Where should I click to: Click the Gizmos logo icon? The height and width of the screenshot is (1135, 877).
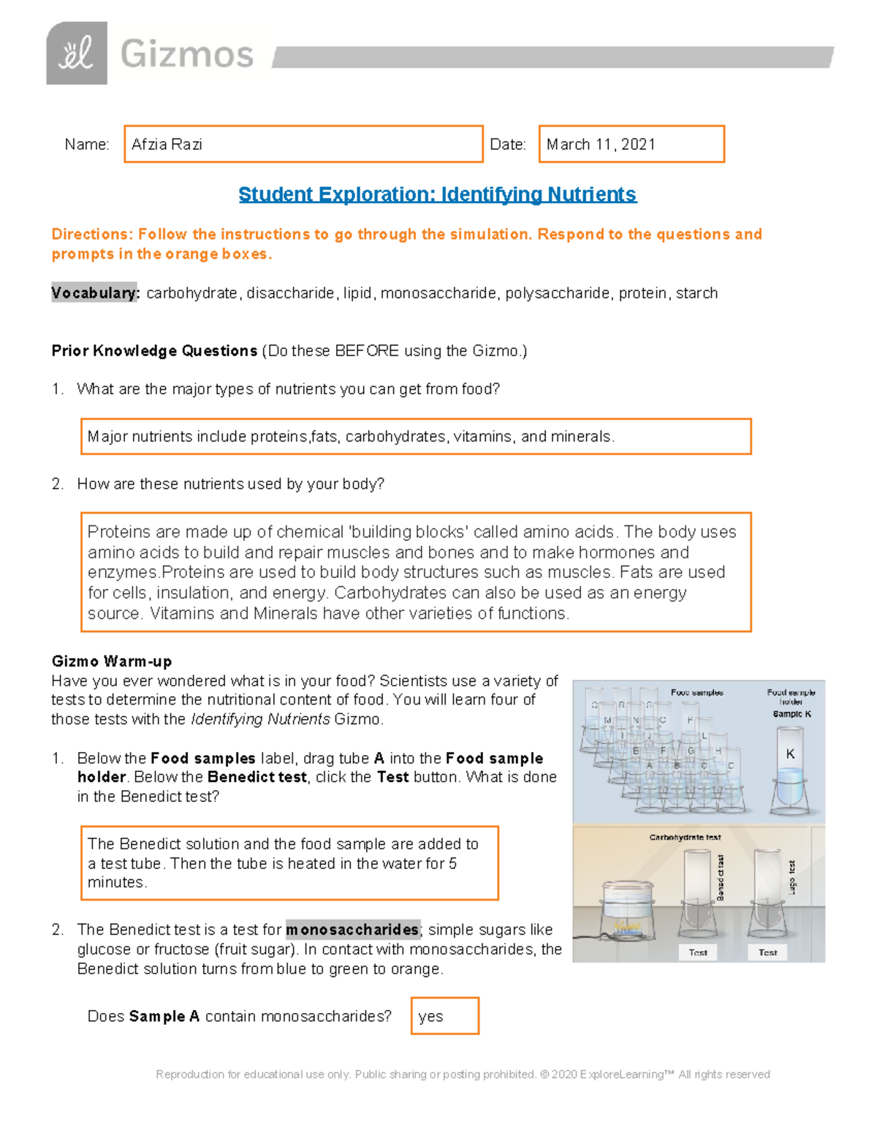77,53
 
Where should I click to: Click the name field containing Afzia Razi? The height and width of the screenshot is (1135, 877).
303,144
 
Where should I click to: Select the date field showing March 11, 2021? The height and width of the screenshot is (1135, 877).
631,144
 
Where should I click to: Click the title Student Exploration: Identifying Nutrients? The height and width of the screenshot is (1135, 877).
437,194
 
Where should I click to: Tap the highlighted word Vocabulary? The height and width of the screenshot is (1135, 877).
94,293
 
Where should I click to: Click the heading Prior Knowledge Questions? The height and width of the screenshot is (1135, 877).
154,351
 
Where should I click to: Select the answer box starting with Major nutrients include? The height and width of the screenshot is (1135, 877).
415,436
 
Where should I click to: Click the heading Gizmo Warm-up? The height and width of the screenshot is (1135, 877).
112,661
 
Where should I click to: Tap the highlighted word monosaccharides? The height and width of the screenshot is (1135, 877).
352,930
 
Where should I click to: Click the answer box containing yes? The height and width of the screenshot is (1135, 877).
444,1016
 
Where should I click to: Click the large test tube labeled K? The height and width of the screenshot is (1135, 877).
790,778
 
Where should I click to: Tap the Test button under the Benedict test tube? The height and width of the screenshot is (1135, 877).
697,952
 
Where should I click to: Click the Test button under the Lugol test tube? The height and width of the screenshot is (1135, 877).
767,952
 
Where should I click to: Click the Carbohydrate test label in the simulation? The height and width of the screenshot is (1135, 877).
685,838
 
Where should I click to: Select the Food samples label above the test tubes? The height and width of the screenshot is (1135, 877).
696,692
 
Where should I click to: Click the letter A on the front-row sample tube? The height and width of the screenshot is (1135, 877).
650,765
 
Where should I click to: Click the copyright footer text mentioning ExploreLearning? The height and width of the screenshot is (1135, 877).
463,1074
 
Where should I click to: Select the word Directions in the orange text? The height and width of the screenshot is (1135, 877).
91,235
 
